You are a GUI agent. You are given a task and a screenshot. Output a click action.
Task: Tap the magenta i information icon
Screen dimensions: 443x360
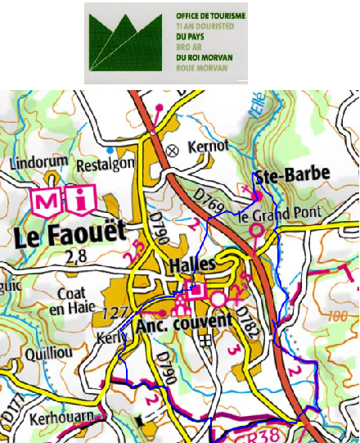(x=83, y=200)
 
